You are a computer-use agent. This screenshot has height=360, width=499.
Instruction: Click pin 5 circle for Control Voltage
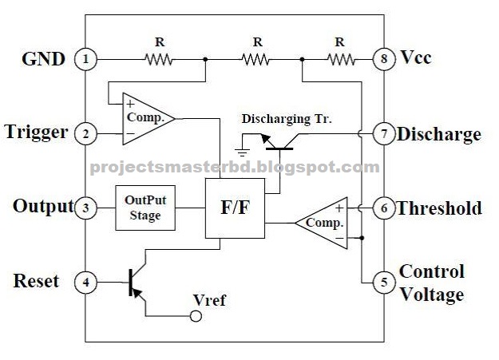click(384, 282)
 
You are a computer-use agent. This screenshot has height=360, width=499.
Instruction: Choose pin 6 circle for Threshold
click(384, 208)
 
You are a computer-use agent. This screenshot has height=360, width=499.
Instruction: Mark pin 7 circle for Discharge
click(384, 133)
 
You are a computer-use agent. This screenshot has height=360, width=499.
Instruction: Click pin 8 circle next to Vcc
click(384, 58)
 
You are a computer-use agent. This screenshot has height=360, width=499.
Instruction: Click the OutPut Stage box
click(145, 208)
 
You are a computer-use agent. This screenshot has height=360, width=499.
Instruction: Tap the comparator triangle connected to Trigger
click(146, 118)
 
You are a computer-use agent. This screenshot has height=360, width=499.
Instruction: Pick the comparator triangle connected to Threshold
click(323, 223)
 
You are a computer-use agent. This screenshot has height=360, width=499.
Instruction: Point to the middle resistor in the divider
click(256, 58)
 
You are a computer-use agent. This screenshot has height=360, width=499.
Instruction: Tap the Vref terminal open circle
click(193, 316)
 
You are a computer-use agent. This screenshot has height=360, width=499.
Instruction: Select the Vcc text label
click(415, 58)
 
